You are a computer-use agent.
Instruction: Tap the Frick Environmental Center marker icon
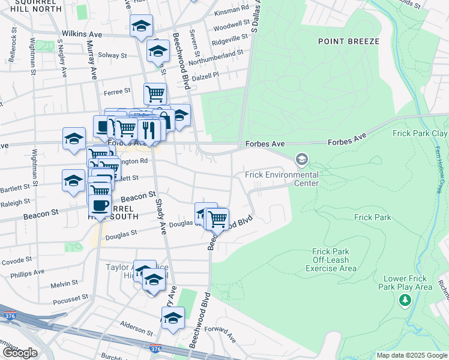click(301, 160)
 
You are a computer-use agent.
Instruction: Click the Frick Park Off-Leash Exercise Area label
click(334, 260)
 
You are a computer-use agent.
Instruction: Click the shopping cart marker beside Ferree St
click(155, 93)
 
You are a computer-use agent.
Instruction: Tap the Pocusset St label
click(70, 298)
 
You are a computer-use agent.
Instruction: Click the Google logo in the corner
click(20, 352)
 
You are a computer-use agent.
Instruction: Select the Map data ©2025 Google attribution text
click(411, 355)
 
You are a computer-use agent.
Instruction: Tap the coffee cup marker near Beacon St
click(100, 205)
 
